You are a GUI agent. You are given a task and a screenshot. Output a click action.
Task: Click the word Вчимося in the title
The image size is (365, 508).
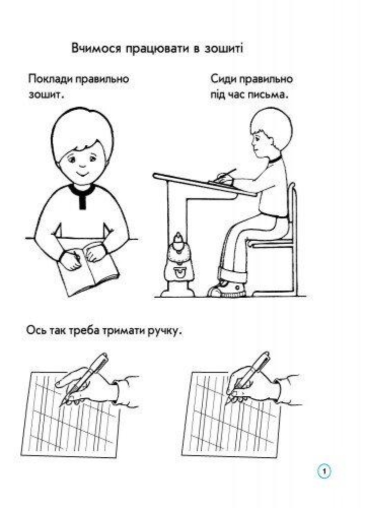[96, 48]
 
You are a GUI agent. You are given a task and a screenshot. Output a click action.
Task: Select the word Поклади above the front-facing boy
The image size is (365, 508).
[50, 79]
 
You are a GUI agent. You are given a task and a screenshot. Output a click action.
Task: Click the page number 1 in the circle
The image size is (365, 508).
[325, 471]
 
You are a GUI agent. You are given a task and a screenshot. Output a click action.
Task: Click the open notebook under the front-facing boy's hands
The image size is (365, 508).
[87, 271]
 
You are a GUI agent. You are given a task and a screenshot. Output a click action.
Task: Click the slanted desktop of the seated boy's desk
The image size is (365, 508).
[205, 185]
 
